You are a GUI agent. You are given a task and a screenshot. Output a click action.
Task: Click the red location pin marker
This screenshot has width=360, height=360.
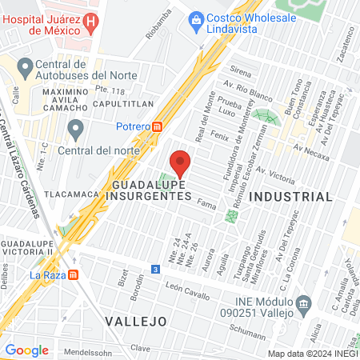point(181,162)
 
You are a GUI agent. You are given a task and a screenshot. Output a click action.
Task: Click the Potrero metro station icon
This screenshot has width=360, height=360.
point(158,126)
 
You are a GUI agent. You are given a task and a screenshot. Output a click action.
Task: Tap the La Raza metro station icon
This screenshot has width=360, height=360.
point(74,275)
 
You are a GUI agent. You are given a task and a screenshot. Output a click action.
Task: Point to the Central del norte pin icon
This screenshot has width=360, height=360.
point(76,128)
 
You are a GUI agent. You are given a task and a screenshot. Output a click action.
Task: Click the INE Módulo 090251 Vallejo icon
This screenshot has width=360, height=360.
point(303,304)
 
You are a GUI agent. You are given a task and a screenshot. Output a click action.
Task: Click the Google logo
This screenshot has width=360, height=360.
point(26,350)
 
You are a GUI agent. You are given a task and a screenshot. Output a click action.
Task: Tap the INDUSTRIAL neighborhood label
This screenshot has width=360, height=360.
point(290,196)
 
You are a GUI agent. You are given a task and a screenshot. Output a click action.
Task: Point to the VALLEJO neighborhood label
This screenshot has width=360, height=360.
point(136,320)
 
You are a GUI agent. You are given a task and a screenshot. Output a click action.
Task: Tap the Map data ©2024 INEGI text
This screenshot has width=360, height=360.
point(310,353)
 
